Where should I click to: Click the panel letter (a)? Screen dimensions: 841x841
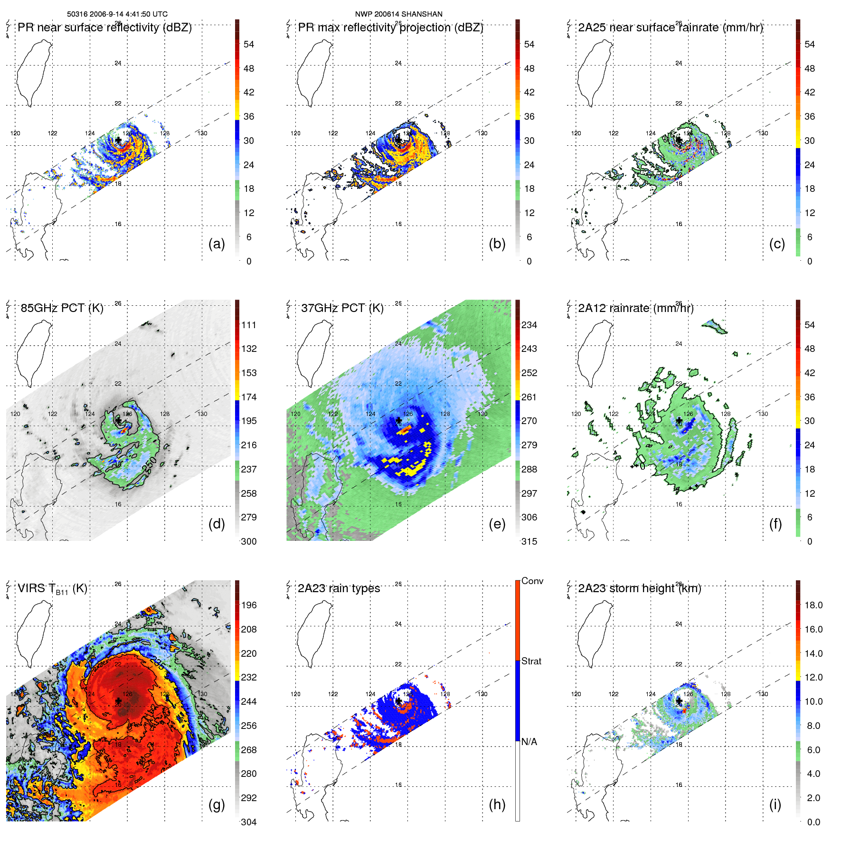click(x=217, y=244)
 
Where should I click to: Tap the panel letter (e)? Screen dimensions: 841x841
click(x=497, y=524)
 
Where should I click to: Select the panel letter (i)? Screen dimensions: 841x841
click(x=775, y=804)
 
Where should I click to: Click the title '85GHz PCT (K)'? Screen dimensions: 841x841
click(x=62, y=308)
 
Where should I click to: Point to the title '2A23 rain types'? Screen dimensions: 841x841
click(x=339, y=588)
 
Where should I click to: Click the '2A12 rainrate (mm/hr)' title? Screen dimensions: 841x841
click(x=635, y=308)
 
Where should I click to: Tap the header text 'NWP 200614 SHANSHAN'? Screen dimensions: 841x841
click(x=398, y=14)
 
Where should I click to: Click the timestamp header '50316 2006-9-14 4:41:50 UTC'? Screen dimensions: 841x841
click(x=117, y=14)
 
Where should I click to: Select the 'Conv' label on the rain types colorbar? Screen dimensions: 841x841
click(x=532, y=581)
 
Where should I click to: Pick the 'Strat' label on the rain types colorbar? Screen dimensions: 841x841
click(x=531, y=661)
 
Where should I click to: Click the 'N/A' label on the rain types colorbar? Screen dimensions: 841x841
click(x=529, y=742)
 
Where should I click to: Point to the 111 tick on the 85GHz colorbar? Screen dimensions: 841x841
click(x=249, y=325)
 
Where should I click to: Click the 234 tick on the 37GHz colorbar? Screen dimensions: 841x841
click(x=529, y=325)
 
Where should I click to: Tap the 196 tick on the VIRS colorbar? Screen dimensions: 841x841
click(x=249, y=605)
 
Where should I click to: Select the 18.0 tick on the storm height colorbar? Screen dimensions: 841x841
click(x=813, y=605)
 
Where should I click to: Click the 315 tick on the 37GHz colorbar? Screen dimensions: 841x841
click(x=529, y=541)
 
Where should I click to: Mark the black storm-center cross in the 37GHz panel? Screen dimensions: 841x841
click(x=398, y=421)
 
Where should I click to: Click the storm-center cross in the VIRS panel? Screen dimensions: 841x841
click(x=118, y=701)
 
